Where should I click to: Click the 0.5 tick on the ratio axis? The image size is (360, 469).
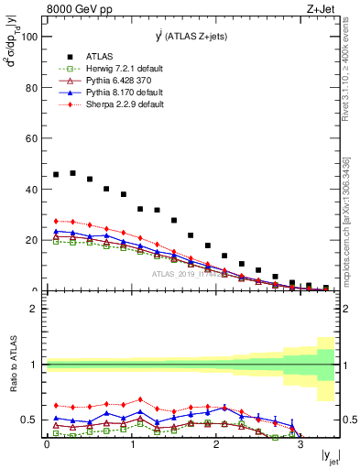pos(29,420)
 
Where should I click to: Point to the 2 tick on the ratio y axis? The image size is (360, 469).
pos(36,309)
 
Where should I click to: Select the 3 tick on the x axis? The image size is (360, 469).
pos(300,445)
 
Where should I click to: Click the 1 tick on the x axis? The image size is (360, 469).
pos(131,445)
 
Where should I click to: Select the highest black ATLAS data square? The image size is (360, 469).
pos(72,172)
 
